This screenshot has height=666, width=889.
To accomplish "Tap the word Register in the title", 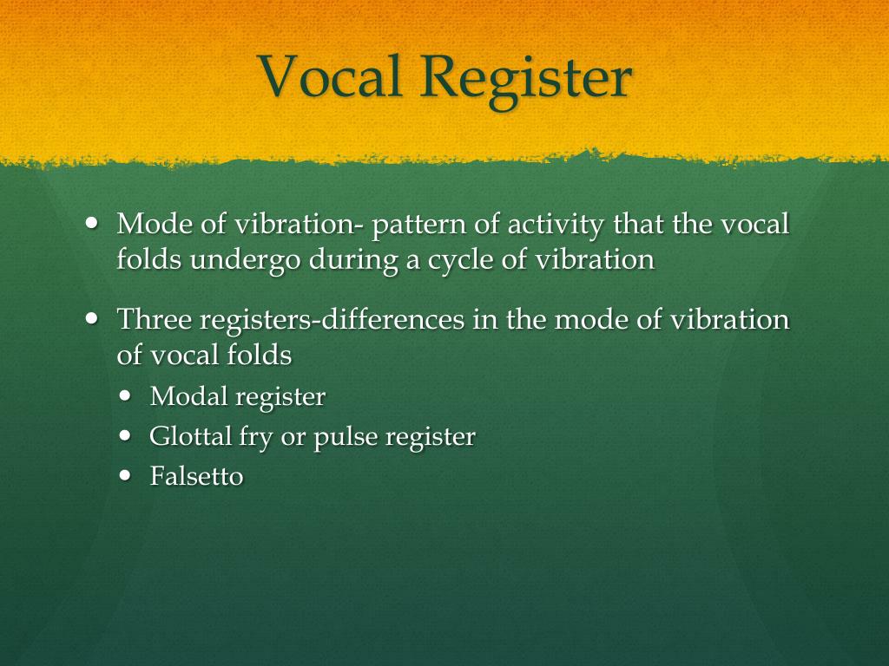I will point(525,78).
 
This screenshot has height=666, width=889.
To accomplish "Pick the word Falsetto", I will point(196,476).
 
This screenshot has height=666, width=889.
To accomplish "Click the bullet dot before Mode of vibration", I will point(93,223).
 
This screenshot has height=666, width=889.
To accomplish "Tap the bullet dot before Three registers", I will point(93,318).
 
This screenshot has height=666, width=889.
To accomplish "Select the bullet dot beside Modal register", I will point(127,395).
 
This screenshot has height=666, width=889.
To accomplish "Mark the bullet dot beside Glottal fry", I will point(127,435).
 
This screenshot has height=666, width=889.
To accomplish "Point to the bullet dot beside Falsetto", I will point(127,474).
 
